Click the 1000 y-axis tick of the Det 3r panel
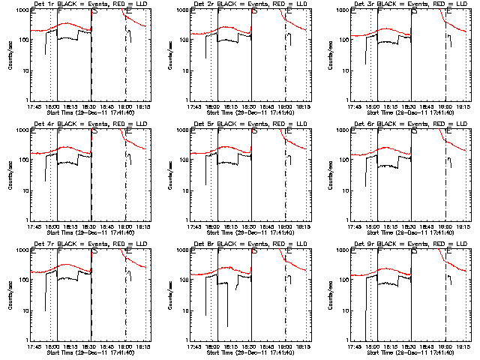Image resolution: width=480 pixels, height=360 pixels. [x=349, y=10]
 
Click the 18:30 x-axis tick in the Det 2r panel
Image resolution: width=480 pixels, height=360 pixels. [x=252, y=107]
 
